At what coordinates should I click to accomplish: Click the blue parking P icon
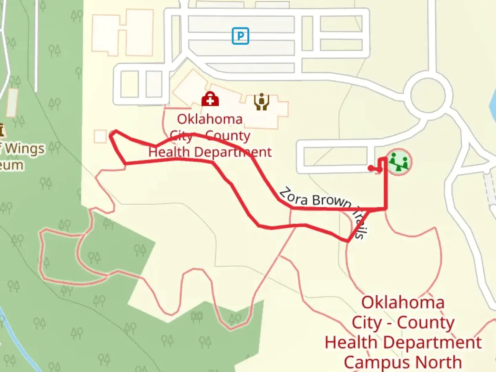tap(240, 36)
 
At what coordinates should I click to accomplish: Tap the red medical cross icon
tap(210, 100)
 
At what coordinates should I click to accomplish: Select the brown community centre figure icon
tap(262, 102)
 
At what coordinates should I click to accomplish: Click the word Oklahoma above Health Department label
tap(210, 119)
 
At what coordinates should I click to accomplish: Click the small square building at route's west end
tap(100, 136)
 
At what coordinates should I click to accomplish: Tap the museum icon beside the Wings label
tap(1, 130)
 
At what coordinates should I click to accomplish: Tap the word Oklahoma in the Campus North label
tap(403, 303)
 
